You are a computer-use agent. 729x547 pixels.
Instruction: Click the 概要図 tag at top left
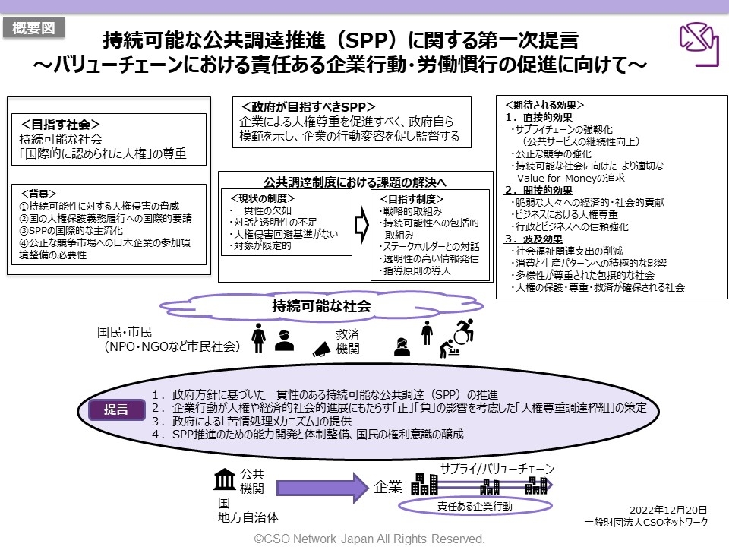coord(33,28)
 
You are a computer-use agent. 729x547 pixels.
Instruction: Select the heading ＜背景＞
coord(38,193)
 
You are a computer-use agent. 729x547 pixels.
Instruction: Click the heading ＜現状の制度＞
coord(261,198)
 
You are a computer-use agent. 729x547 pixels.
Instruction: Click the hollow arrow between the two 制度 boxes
coord(361,226)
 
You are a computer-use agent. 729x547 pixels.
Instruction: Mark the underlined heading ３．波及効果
coord(532,239)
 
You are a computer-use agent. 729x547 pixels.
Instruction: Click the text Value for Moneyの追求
coord(570,178)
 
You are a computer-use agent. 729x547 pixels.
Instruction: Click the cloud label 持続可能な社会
coord(321,306)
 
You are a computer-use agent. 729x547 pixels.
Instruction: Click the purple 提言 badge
coord(115,409)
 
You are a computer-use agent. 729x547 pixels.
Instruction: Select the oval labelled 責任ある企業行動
coord(475,506)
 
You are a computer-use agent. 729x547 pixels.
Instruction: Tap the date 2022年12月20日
coord(668,510)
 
